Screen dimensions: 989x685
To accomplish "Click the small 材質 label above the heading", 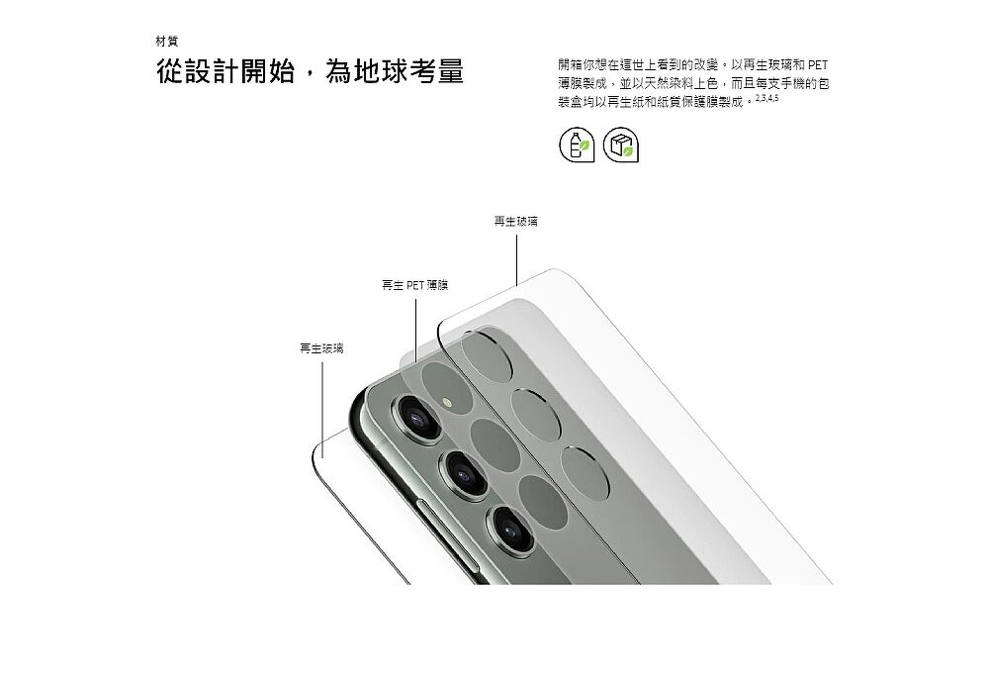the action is pos(166,42).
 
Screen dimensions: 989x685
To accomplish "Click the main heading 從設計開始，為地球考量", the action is pos(310,71).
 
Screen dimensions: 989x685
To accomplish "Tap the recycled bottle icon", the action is pos(577,145).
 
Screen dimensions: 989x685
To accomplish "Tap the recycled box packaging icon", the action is pos(621,145).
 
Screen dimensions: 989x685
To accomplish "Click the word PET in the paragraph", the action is pos(818,65).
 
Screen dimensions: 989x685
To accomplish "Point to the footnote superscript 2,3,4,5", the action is pos(767,98).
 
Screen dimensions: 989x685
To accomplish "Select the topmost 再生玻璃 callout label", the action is pos(515,222).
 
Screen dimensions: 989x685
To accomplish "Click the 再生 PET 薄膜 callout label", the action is pos(415,285).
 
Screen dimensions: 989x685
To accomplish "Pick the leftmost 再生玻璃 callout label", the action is pos(321,348).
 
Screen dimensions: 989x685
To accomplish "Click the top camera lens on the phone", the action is pos(417,418).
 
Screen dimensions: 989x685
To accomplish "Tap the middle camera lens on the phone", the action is pos(466,474).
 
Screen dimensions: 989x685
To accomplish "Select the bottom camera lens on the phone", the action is pos(510,528).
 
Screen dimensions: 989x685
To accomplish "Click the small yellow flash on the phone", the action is pos(448,402).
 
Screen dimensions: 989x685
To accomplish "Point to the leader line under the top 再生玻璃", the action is pos(516,260).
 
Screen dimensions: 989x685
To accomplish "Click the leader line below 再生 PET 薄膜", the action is pos(415,331).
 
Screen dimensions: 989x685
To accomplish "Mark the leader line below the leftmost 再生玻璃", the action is pos(322,410).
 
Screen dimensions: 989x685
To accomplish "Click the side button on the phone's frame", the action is pos(446,531).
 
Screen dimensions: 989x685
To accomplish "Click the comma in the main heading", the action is pos(310,77).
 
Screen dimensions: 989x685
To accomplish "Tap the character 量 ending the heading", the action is pos(450,71).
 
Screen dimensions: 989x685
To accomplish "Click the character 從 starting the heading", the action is pos(170,71).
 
